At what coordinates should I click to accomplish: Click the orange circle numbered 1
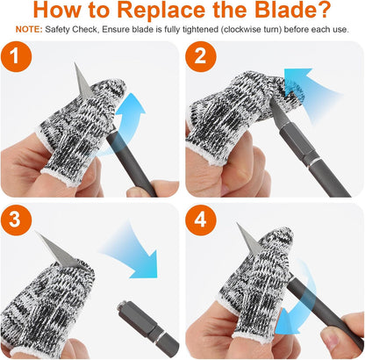[x=16, y=56]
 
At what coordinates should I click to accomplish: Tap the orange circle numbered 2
[x=201, y=56]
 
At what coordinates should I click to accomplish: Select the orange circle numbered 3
[x=16, y=220]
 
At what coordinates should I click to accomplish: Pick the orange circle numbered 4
[x=201, y=220]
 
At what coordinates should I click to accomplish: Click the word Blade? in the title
[x=293, y=10]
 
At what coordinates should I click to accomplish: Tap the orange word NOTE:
[x=29, y=30]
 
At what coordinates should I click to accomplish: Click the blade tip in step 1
[x=75, y=63]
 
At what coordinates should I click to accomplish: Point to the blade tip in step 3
[x=36, y=232]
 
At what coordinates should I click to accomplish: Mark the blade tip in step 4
[x=238, y=224]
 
